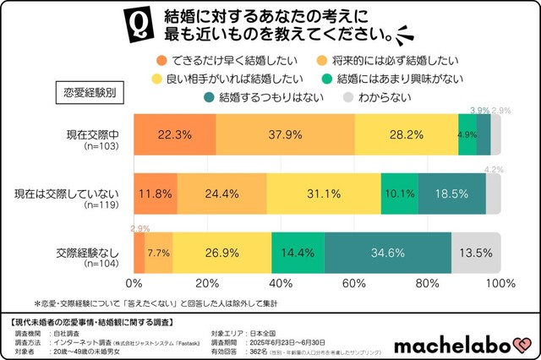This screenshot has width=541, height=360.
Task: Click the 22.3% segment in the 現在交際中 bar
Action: [x=173, y=134]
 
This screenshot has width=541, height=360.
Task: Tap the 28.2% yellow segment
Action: [x=407, y=134]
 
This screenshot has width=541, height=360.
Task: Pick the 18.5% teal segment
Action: [x=451, y=194]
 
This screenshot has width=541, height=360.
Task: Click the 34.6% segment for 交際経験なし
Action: [x=386, y=253]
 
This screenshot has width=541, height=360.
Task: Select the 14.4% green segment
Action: [x=298, y=253]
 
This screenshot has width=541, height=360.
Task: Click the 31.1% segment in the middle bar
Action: [x=324, y=194]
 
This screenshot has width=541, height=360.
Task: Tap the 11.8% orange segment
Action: [x=156, y=194]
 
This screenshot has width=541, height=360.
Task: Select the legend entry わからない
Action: [x=382, y=97]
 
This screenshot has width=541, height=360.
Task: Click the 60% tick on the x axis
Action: [x=355, y=282]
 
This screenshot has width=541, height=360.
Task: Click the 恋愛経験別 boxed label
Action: [x=90, y=90]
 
